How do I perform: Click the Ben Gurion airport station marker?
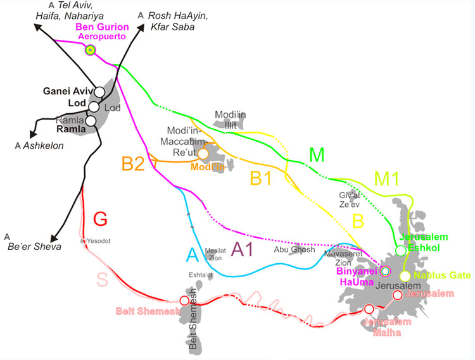[91, 50]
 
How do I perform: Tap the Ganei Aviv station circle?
[99, 92]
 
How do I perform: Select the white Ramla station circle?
[91, 120]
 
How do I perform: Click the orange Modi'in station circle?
[203, 153]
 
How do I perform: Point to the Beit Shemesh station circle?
[184, 301]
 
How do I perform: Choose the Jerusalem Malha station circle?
[369, 309]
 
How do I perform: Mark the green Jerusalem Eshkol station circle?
[400, 251]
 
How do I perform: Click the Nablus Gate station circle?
[405, 276]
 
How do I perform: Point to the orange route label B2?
[134, 164]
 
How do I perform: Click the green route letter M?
[316, 154]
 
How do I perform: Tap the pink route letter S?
[104, 278]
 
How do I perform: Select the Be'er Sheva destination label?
[34, 246]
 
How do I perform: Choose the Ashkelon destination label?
[42, 145]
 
